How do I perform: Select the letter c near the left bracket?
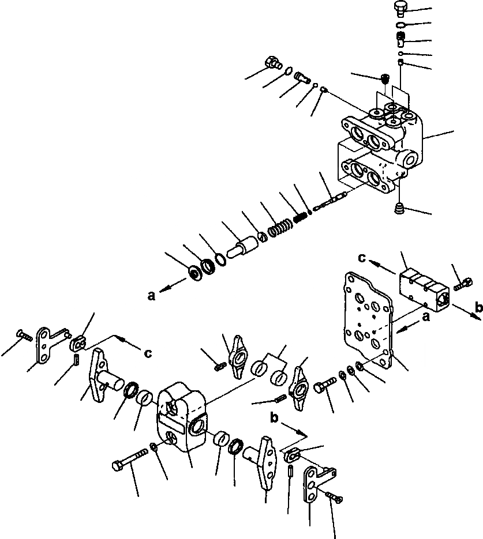click(148, 354)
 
